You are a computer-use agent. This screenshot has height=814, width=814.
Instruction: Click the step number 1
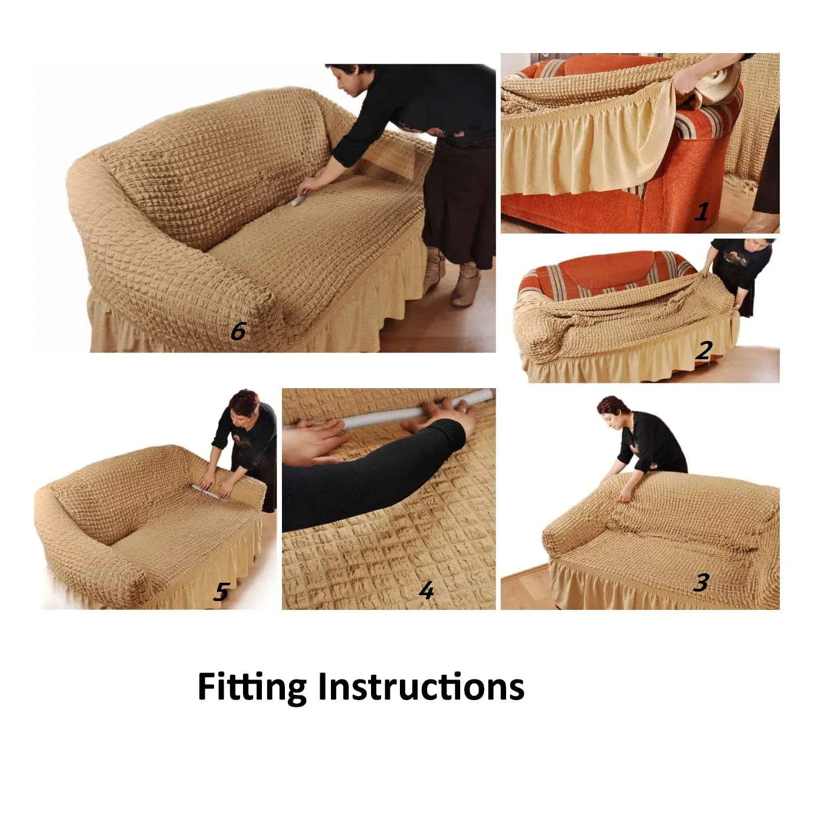701,211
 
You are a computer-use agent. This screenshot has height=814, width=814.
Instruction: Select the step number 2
704,350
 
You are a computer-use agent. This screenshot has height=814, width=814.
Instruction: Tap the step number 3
701,583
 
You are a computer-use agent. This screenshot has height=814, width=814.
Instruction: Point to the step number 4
426,590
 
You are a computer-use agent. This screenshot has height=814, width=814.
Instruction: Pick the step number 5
221,592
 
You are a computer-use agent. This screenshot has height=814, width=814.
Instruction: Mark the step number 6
238,331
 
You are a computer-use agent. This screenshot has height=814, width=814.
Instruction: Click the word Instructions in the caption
421,687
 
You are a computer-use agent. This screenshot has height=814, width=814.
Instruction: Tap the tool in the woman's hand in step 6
298,199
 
